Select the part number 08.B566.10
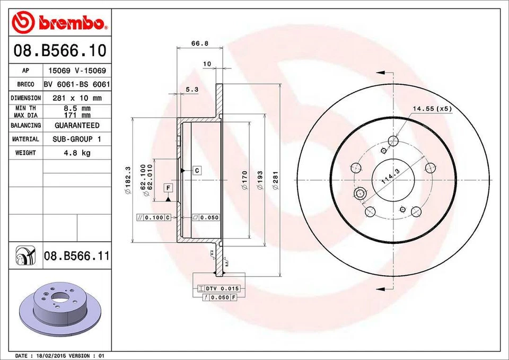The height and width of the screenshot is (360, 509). [59, 51]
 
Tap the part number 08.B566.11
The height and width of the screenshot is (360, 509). [77, 257]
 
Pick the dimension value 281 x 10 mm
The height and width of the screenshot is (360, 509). [77, 98]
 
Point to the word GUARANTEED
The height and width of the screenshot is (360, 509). [77, 126]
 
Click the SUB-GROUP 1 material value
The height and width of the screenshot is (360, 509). [77, 139]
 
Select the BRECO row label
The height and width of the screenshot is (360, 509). [25, 84]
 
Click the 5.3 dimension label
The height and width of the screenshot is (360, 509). [192, 90]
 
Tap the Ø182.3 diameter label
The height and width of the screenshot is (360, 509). [128, 181]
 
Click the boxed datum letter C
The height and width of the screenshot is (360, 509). [196, 171]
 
